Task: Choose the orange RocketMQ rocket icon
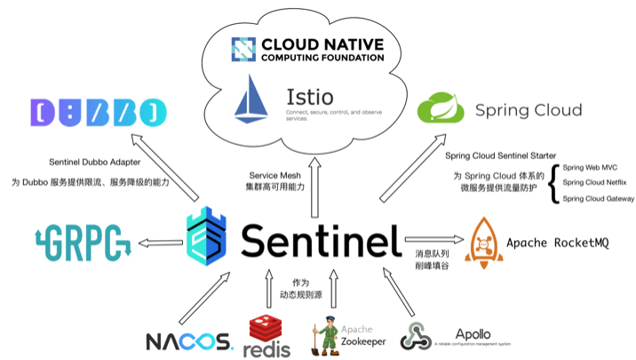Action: (483, 242)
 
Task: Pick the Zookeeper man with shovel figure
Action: (322, 333)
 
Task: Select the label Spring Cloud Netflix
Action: (596, 182)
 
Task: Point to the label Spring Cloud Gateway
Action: (599, 198)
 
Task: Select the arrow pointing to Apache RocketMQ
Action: (433, 240)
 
